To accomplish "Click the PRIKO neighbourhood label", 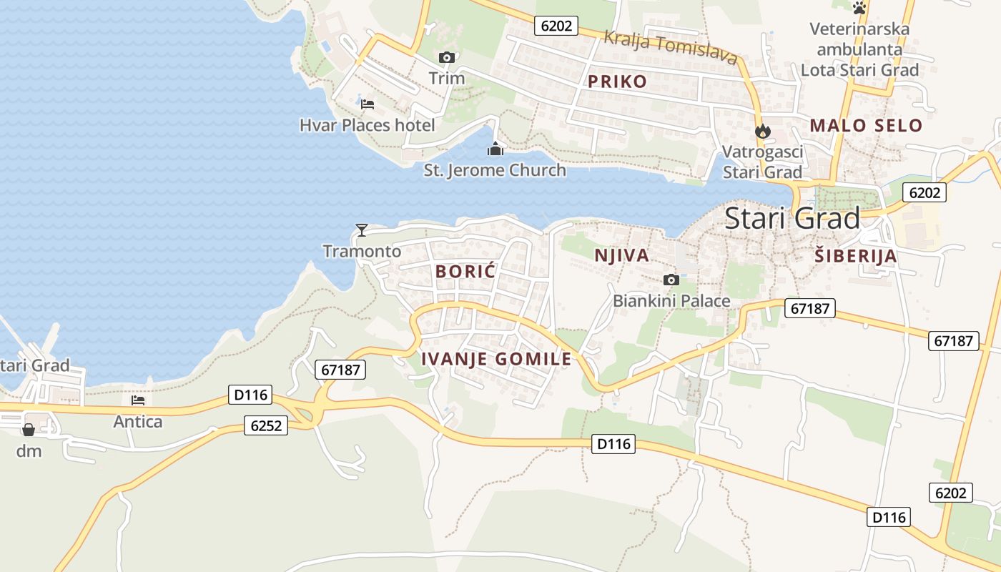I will coord(617,81).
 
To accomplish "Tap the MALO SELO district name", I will coord(866,126).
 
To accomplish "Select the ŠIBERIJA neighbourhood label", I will coord(855,256).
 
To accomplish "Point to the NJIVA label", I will coord(622,255).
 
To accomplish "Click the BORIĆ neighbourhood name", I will coord(465,271).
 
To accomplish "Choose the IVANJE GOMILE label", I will coord(497,359).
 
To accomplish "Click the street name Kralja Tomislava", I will coord(670,46).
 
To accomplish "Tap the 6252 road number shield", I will coord(265,426).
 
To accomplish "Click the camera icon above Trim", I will coord(447,57).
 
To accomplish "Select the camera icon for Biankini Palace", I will coord(671,280).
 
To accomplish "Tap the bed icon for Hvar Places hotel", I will coord(368,104).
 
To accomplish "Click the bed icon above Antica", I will coord(138,401).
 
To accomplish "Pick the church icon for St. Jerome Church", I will coord(495,149).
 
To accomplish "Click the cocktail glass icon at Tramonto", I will coord(362,230).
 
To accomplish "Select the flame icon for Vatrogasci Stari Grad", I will coord(762,131).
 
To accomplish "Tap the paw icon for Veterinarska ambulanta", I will coord(859,8).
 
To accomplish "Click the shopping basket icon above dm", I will coord(29,430).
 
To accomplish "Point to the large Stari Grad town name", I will coord(792,219).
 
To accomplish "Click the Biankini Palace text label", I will coord(671,301).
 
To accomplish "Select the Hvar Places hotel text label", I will coord(367,126).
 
